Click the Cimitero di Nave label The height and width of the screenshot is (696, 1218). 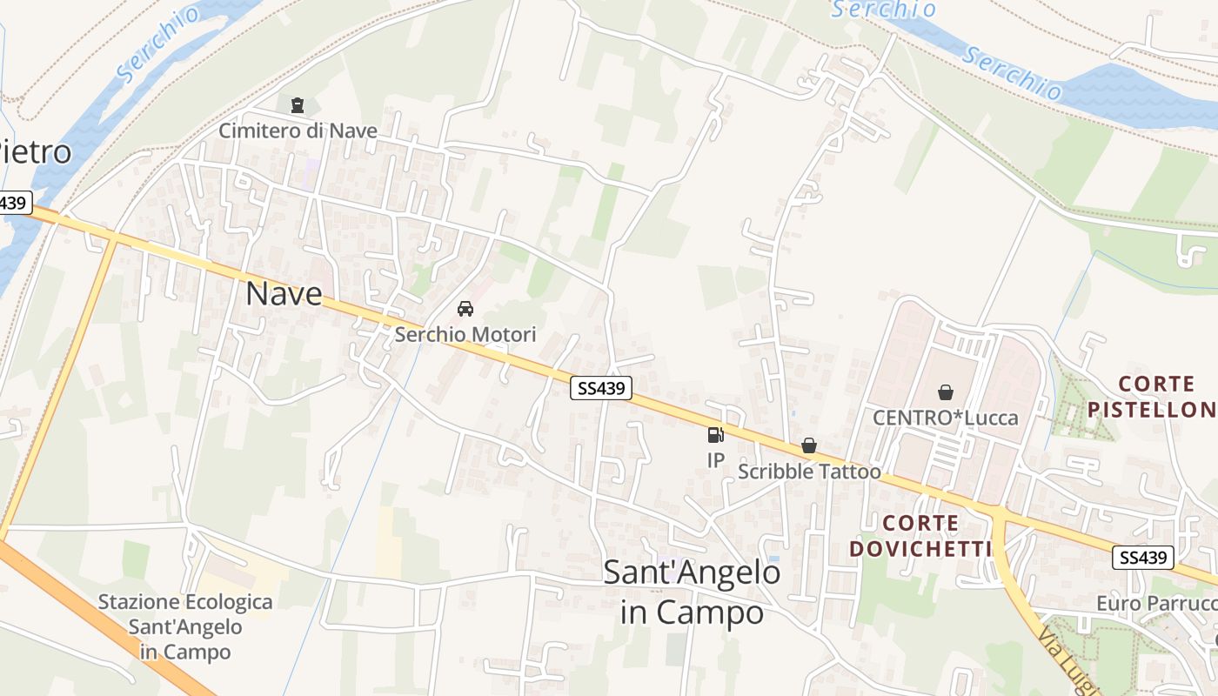[x=298, y=130]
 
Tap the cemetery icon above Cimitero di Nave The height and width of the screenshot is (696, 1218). [x=298, y=106]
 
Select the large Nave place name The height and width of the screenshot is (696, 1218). [x=284, y=293]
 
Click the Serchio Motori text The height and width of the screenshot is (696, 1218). [x=465, y=334]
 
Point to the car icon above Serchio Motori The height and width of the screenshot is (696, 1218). [x=465, y=309]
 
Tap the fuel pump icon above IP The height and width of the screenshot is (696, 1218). [x=715, y=435]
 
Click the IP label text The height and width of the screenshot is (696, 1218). [x=715, y=460]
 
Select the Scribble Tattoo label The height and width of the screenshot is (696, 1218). [x=809, y=472]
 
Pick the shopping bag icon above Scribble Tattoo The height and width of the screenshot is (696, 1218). [x=809, y=446]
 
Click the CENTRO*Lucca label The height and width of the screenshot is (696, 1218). [x=946, y=418]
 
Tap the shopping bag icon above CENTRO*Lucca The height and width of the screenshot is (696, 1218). [x=946, y=392]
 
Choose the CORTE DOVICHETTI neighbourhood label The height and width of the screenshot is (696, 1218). [x=921, y=536]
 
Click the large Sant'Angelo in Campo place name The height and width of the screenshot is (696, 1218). [x=692, y=592]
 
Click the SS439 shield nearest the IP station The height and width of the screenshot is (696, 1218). [x=601, y=389]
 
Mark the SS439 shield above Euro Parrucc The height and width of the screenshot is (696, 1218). [x=1143, y=558]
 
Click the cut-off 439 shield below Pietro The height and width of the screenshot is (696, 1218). [x=15, y=204]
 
